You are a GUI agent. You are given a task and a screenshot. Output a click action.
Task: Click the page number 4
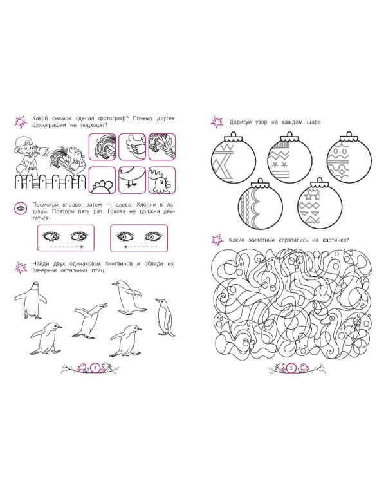click(x=95, y=368)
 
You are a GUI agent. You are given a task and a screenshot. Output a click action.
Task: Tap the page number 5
click(x=291, y=368)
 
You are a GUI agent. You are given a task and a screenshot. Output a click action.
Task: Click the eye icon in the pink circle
click(x=21, y=209)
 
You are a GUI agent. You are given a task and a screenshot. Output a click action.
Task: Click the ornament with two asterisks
click(x=289, y=159)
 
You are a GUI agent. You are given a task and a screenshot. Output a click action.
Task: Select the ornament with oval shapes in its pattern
click(x=349, y=159)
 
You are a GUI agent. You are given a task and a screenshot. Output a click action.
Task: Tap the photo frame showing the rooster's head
click(x=162, y=180)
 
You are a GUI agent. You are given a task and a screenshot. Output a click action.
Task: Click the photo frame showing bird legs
click(x=132, y=180)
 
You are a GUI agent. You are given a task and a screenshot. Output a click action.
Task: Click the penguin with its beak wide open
click(x=90, y=320)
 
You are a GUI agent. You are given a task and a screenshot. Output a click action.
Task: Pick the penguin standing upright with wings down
click(x=165, y=317)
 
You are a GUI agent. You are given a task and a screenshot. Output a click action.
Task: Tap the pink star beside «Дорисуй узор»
click(x=217, y=122)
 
